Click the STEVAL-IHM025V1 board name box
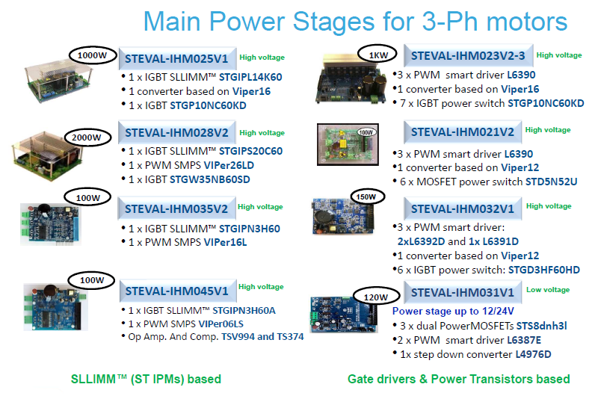177,58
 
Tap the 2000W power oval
87,137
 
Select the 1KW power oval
377,55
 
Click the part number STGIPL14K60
250,77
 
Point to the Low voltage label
548,290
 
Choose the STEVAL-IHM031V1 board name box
463,292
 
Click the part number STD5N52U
551,182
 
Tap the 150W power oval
366,197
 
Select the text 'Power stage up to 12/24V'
453,311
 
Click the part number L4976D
533,354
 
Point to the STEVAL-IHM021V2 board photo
348,144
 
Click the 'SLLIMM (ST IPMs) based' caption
146,379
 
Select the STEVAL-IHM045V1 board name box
177,291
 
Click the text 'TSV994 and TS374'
262,336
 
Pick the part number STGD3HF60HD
544,270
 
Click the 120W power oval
376,297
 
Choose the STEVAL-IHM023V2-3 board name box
469,55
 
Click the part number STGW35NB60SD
210,179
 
